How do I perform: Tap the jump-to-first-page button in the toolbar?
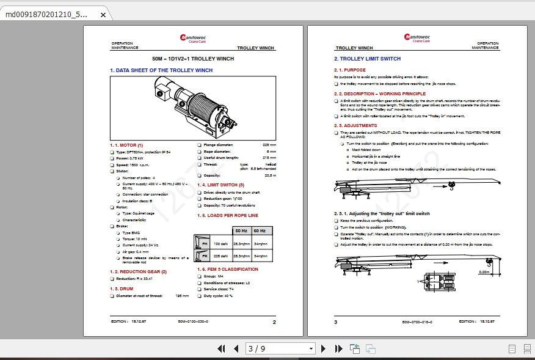pos(222,348)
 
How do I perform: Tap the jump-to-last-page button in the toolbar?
pos(338,348)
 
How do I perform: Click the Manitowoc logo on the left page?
pos(193,38)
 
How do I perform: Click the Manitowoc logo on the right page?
pos(417,38)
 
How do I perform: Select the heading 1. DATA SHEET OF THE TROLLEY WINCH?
pos(161,70)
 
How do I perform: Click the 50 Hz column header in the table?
pos(242,230)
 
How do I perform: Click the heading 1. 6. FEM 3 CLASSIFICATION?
pos(228,269)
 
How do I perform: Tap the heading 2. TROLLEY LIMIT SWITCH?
pos(367,59)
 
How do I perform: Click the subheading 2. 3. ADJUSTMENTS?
pos(355,125)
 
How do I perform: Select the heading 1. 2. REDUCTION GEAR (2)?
pos(138,271)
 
